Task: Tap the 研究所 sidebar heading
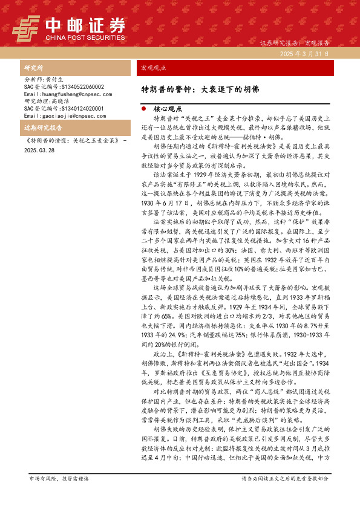[x=33, y=68]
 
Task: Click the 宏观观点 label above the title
[x=153, y=68]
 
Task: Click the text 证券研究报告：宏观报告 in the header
[x=294, y=44]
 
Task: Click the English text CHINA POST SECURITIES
[x=85, y=37]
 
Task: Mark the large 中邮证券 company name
[x=85, y=25]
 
